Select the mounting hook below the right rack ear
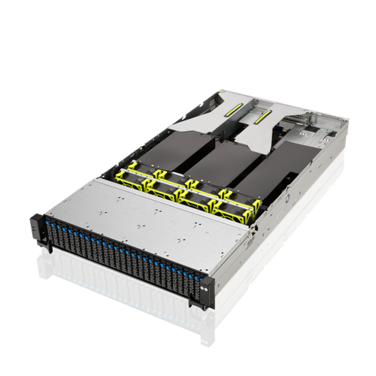click(x=199, y=307)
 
